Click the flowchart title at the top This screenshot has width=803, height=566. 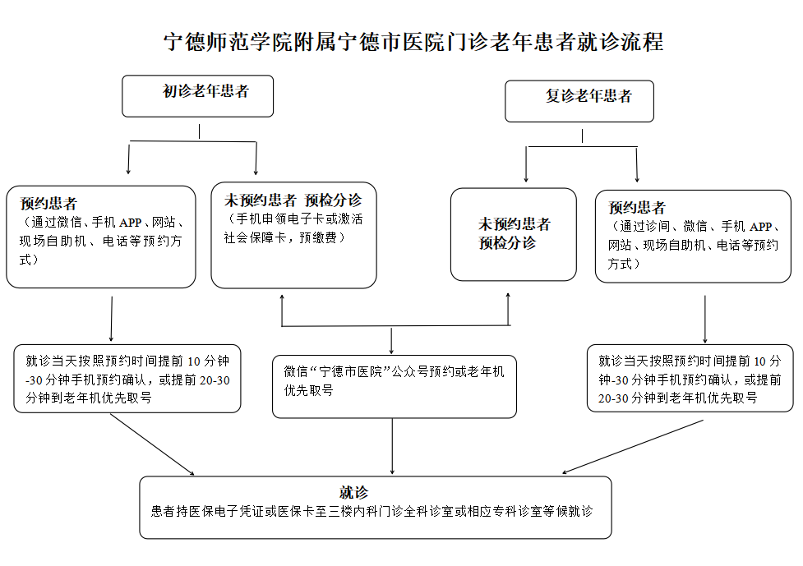[413, 42]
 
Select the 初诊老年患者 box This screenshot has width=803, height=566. [198, 96]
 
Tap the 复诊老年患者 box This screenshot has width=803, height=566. [579, 101]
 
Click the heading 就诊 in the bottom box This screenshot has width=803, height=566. [353, 492]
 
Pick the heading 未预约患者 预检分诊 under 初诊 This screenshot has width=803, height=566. [293, 200]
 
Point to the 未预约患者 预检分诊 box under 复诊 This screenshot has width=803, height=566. [514, 234]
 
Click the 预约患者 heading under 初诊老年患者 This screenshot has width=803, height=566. [48, 204]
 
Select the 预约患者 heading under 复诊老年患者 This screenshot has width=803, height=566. [636, 207]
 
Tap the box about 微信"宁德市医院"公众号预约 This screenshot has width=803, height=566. [395, 387]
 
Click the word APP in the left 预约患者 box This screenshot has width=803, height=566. [130, 223]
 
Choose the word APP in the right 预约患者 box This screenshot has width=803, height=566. [760, 226]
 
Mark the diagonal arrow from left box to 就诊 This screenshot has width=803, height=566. [152, 444]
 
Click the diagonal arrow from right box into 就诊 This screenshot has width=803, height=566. [633, 447]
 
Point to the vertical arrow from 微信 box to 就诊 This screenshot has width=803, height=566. [392, 446]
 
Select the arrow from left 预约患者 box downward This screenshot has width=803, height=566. [111, 318]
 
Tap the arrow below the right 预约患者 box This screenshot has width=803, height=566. [705, 319]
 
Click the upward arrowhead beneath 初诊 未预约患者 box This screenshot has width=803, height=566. [282, 297]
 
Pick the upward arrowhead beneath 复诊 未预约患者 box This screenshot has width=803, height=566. [508, 295]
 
